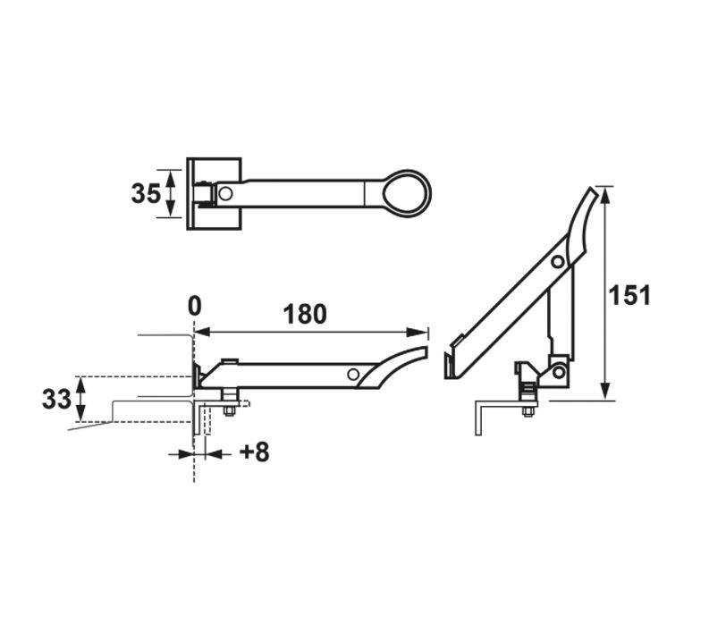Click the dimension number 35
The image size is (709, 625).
click(x=145, y=193)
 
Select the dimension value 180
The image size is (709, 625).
click(x=305, y=315)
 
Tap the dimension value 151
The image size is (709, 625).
click(x=631, y=294)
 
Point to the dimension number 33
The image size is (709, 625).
click(x=56, y=400)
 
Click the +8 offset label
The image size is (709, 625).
click(x=253, y=452)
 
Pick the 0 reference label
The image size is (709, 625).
click(x=194, y=306)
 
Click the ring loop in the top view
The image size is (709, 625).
click(x=408, y=192)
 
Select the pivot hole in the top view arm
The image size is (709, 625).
click(x=226, y=193)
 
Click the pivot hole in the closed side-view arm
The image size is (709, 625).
click(x=354, y=374)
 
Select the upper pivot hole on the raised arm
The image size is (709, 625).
click(x=558, y=262)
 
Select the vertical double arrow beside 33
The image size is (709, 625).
click(x=81, y=400)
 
